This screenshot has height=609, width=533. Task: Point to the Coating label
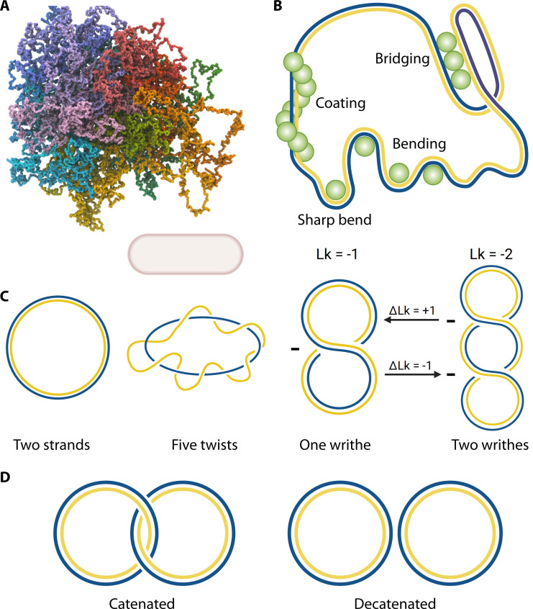pos(340,104)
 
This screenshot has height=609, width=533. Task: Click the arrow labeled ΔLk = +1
pos(416,323)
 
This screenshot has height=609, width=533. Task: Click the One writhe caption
pos(342,444)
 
